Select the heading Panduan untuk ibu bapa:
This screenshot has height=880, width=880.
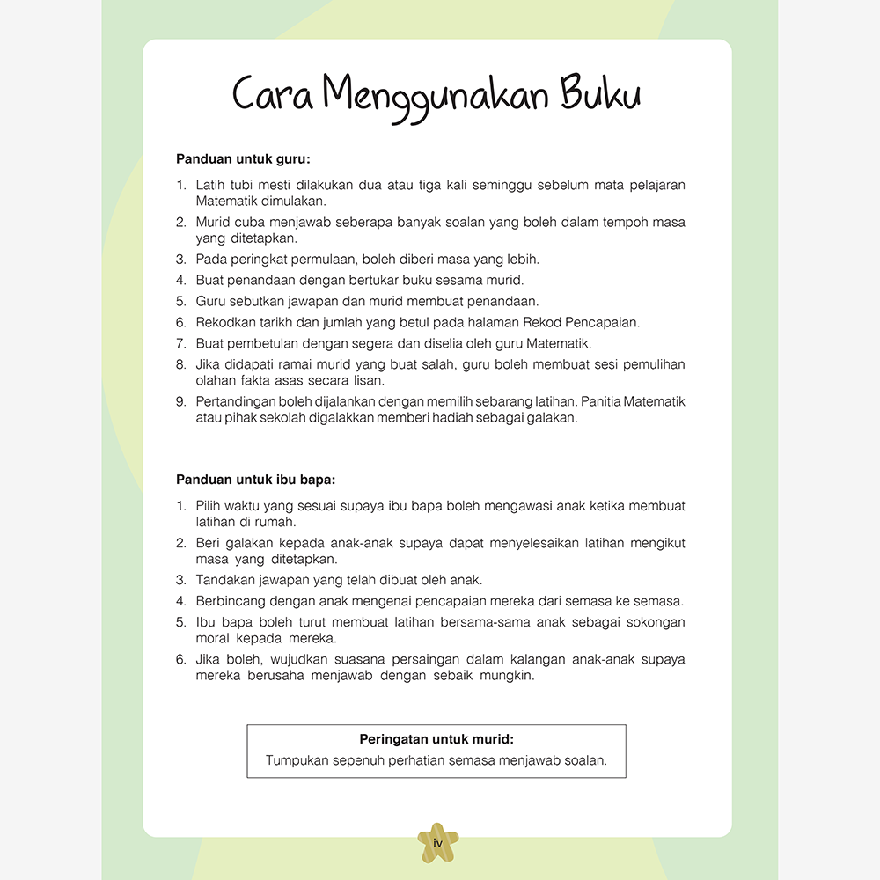256,480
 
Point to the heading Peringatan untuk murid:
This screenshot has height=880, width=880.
436,739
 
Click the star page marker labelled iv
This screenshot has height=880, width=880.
437,843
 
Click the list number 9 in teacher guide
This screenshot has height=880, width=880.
180,401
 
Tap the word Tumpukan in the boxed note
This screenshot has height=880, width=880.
297,760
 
